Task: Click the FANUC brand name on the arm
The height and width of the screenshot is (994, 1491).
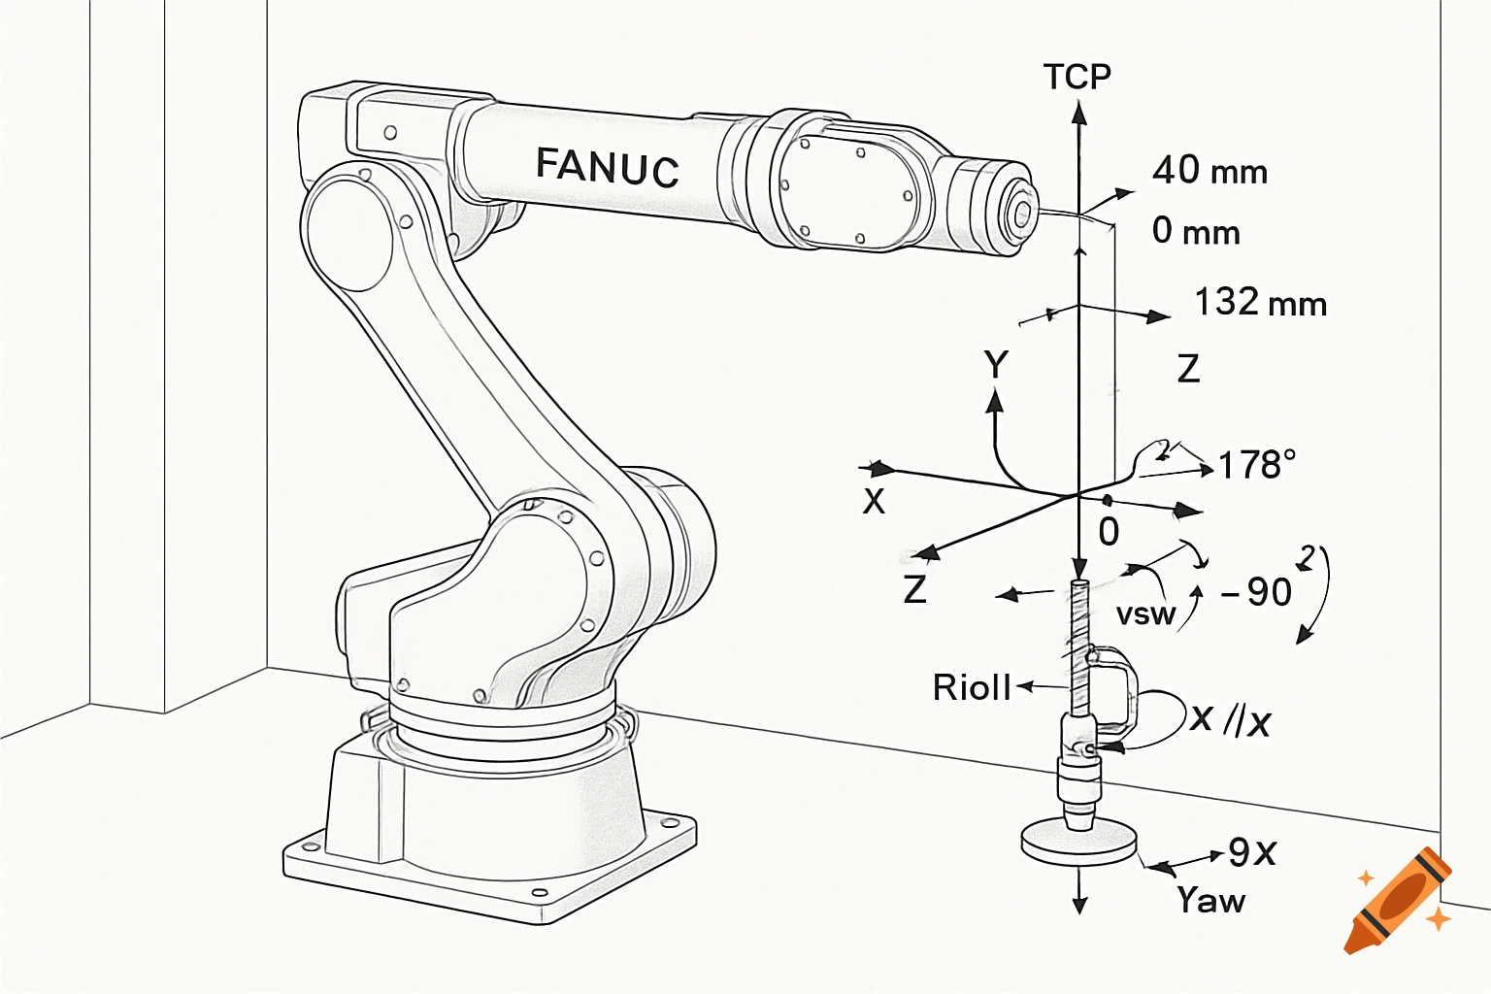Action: [607, 166]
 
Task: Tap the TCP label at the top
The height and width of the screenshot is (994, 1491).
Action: [1077, 77]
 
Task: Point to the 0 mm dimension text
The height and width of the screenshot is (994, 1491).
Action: [1195, 231]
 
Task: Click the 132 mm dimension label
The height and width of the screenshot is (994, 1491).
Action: [1259, 303]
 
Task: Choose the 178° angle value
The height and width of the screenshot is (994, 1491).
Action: [1256, 465]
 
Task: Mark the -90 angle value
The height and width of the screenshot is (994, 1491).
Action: [1257, 591]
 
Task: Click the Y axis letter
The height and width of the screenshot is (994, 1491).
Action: [996, 365]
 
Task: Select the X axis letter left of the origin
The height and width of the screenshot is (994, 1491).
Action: [874, 502]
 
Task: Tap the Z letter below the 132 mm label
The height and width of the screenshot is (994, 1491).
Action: [1188, 369]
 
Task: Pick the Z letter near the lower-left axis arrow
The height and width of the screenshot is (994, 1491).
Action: [914, 589]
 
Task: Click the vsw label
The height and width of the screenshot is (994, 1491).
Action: [1145, 614]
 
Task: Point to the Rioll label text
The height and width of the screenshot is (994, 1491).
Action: [972, 687]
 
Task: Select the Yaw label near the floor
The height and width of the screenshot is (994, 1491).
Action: [1210, 900]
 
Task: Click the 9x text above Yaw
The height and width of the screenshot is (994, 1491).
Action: [1252, 852]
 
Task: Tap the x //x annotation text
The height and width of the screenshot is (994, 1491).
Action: [1230, 719]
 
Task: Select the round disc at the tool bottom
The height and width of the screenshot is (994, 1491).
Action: [1078, 842]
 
